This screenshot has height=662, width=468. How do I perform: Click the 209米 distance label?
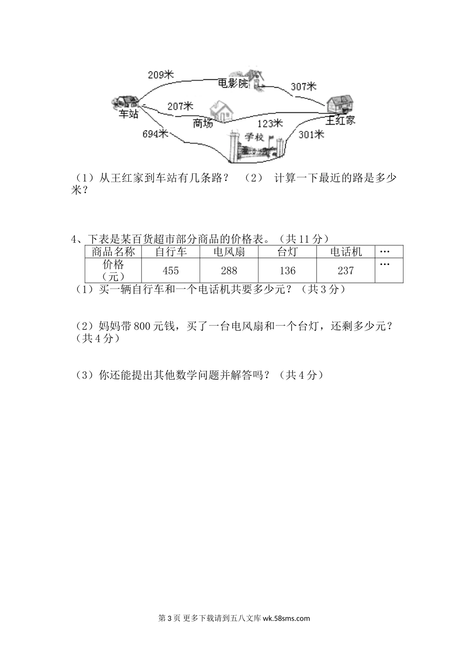(161, 75)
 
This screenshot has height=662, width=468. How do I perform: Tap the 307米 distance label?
(303, 87)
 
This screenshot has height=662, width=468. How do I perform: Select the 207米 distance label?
(180, 106)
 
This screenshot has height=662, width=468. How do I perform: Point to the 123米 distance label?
(270, 123)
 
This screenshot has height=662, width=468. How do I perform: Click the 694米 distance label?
(155, 133)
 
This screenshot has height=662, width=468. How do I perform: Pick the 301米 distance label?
(311, 133)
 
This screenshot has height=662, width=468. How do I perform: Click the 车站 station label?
(129, 114)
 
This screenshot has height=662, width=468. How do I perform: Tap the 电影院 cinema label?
(234, 84)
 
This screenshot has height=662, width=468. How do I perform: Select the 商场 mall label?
(203, 124)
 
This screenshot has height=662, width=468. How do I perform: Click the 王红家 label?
(340, 120)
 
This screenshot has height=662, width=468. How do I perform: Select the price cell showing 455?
(170, 270)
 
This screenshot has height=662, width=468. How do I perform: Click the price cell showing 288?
(229, 270)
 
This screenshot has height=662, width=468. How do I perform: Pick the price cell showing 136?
(287, 270)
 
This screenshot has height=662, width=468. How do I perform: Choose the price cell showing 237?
(346, 270)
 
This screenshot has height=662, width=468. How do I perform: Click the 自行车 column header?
(170, 252)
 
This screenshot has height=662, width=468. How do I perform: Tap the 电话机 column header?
(346, 252)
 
